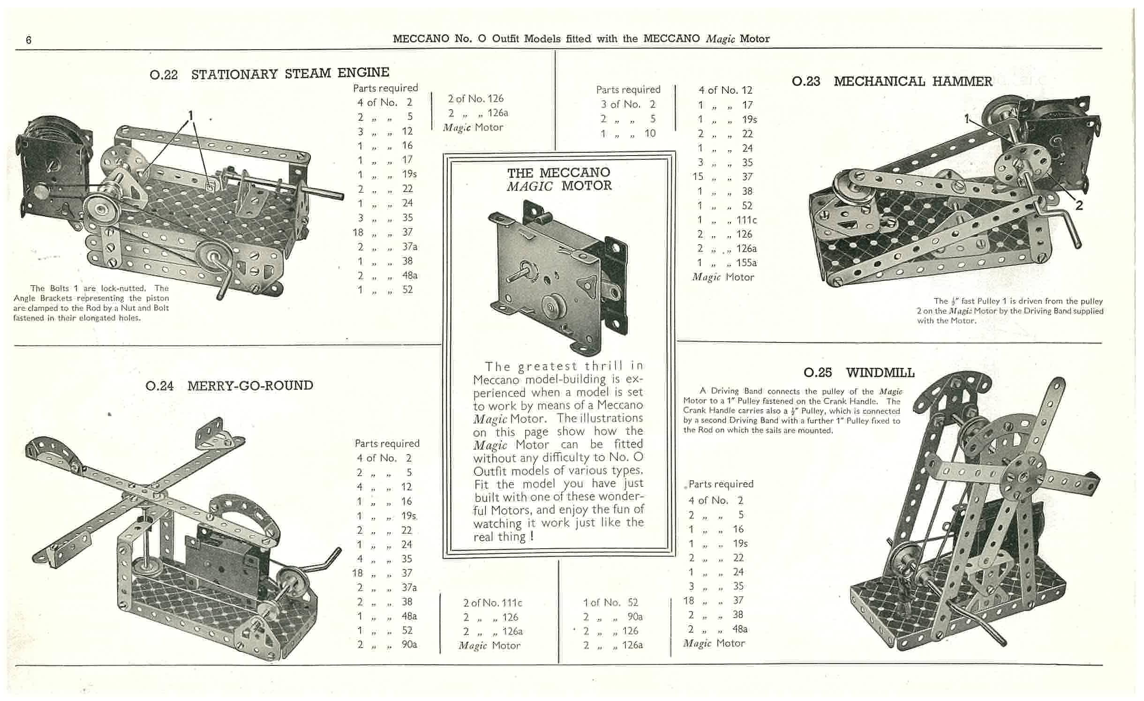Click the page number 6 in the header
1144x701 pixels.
29,40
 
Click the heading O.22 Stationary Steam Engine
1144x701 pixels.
269,74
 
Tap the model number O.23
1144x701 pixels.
805,82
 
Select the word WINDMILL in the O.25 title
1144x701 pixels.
880,373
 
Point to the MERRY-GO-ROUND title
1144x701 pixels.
250,386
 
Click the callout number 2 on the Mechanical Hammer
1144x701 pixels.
1079,206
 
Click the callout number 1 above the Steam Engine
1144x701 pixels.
191,115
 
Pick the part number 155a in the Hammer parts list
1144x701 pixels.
746,262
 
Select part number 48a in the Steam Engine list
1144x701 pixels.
409,275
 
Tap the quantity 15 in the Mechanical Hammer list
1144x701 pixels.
698,177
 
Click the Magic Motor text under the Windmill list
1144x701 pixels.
714,643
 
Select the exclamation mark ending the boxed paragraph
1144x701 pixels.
531,537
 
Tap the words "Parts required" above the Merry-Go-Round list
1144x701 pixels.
387,443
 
